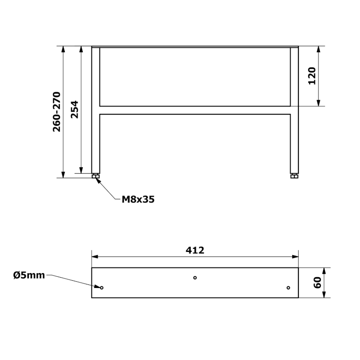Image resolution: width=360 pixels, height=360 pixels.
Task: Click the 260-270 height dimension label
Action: coord(57,112)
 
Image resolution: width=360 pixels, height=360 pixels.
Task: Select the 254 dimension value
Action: coord(75,109)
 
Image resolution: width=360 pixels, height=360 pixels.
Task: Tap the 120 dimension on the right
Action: coord(312,76)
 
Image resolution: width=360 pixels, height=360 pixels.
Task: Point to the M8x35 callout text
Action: coord(138,199)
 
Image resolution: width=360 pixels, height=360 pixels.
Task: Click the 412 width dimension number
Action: coord(195,250)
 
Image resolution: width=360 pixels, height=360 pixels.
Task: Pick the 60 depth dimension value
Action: coord(317,283)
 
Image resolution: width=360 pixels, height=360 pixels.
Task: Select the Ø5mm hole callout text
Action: coord(29,275)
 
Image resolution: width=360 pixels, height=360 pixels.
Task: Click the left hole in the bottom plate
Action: coord(102,288)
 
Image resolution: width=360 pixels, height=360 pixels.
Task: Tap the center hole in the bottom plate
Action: coord(195,278)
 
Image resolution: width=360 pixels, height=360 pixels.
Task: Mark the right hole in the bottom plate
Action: coord(288,288)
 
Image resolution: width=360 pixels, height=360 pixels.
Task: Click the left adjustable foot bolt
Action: coord(95,176)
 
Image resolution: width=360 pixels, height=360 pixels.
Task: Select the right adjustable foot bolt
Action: coord(294,176)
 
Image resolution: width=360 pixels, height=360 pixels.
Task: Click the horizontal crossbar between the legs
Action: coord(195,110)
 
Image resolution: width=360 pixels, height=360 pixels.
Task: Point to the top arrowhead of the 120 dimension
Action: coord(319,49)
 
